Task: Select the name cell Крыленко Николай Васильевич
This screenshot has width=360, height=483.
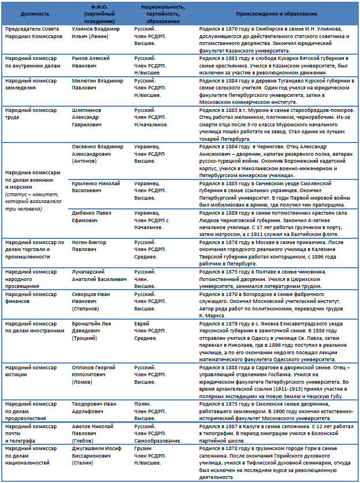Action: (96, 186)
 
